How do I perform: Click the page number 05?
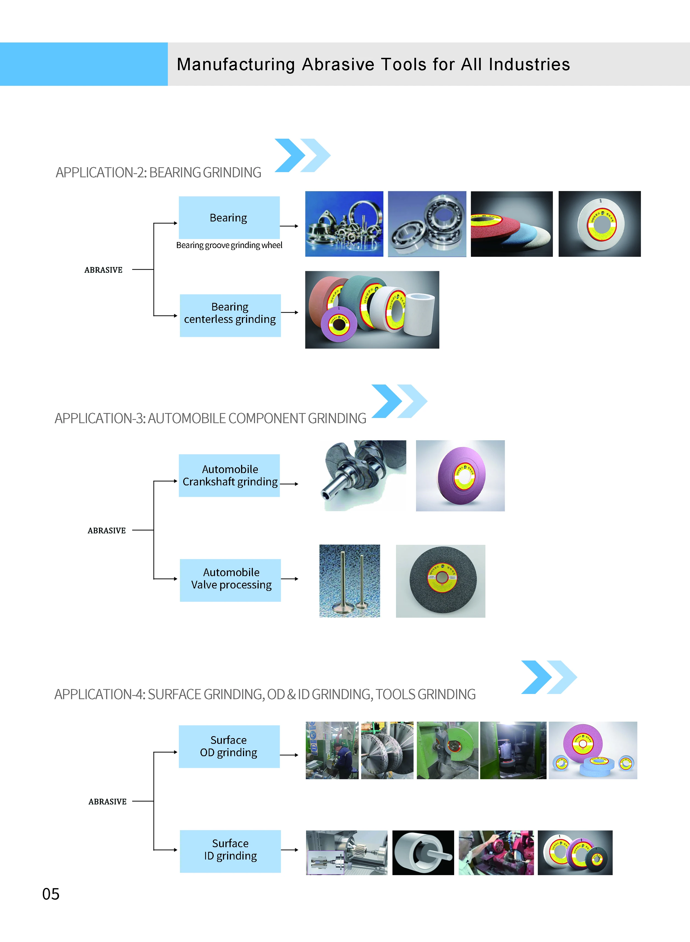(x=51, y=894)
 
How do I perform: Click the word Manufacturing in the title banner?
(x=236, y=65)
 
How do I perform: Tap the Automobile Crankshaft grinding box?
(x=229, y=475)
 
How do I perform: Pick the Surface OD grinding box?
(x=229, y=746)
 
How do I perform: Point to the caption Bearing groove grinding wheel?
(x=229, y=245)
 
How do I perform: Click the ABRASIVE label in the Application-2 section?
(x=104, y=270)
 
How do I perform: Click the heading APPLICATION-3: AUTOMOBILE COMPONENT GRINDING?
(x=211, y=418)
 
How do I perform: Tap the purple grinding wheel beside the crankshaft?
(x=460, y=475)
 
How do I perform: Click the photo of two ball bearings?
(x=427, y=224)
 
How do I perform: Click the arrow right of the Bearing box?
(x=289, y=226)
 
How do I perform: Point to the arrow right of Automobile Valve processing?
(x=289, y=579)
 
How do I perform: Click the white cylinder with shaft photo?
(x=423, y=852)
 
